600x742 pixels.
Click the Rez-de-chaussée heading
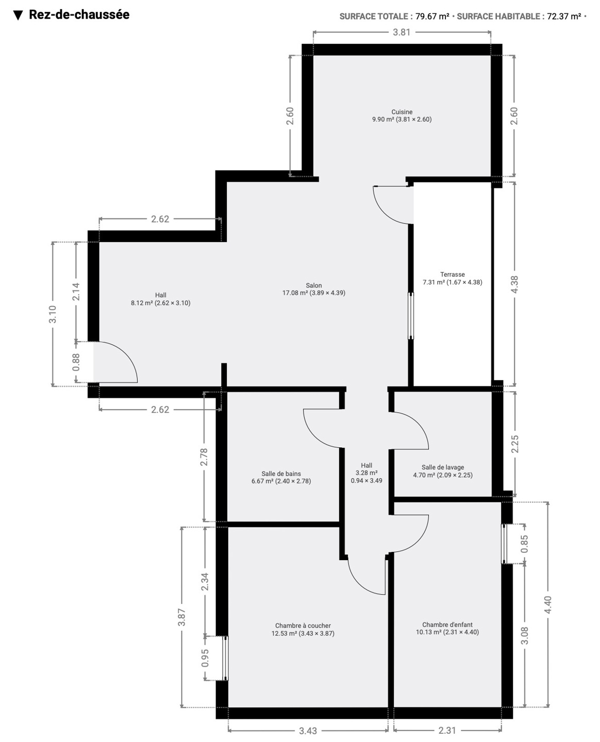[79, 14]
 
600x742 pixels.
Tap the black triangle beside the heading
[18, 15]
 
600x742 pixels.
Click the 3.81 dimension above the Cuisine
[402, 32]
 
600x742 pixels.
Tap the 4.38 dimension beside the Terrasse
[514, 284]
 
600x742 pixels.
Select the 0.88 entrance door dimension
[76, 362]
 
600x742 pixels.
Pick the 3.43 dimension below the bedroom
[308, 731]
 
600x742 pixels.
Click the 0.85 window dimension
[524, 544]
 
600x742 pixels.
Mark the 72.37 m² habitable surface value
[564, 16]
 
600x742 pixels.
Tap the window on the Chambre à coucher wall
[225, 658]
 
